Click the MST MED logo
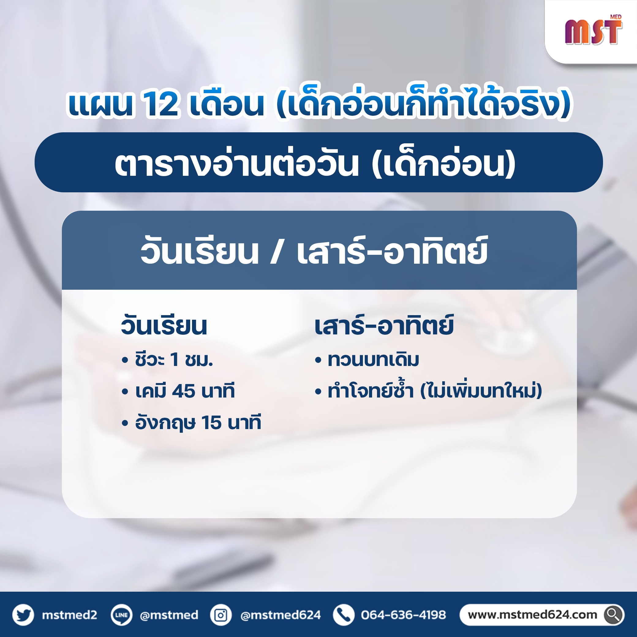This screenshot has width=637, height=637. click(594, 30)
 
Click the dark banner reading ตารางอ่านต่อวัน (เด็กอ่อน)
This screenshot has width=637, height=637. click(318, 162)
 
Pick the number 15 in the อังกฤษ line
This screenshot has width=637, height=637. click(211, 423)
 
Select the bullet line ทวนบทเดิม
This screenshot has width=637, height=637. click(367, 360)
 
